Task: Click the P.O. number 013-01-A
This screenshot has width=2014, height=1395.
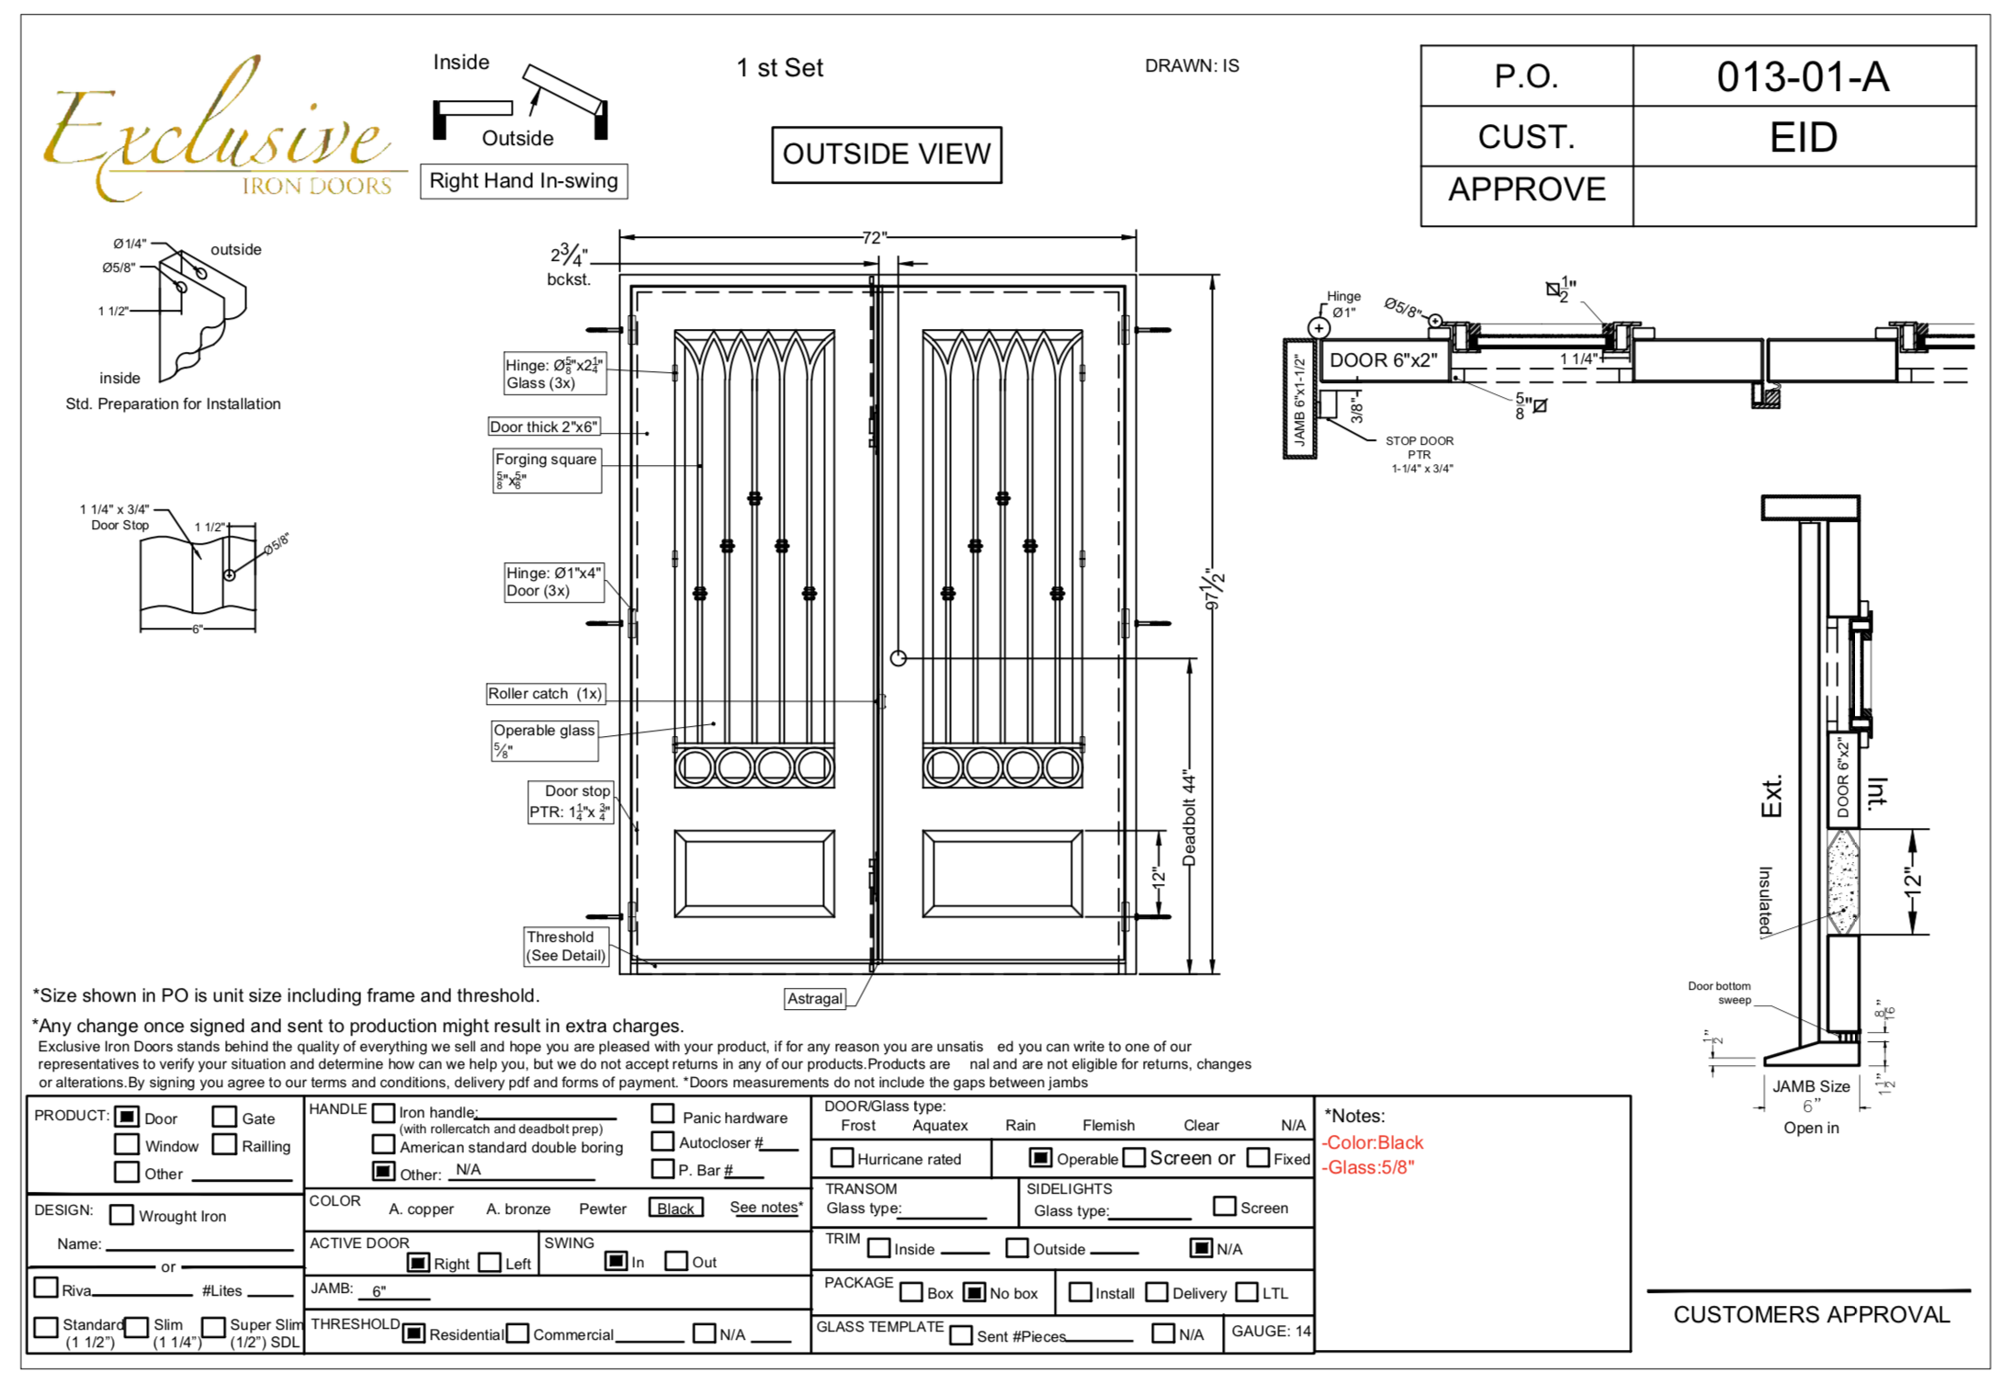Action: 1803,76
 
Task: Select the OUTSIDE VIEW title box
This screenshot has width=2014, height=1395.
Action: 886,154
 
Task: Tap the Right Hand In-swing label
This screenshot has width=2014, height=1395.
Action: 524,181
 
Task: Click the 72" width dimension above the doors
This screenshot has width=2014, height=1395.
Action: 874,238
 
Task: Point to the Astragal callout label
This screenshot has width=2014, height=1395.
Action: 815,999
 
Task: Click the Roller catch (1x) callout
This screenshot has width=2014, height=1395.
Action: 545,694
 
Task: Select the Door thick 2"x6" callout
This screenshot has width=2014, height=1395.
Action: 544,426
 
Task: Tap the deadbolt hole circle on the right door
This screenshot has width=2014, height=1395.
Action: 899,658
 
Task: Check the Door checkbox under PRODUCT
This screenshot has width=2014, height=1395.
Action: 127,1117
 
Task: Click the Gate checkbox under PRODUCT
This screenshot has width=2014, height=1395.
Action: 224,1117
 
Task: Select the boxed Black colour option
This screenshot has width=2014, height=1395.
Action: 675,1208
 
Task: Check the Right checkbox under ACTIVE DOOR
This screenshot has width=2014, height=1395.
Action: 418,1263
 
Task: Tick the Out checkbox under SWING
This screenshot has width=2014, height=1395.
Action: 676,1261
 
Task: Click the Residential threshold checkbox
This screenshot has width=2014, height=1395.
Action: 414,1333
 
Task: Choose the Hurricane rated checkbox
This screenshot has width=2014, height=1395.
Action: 841,1158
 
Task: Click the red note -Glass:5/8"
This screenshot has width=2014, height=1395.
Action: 1368,1167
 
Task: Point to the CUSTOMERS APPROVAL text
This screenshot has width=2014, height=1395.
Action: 1811,1314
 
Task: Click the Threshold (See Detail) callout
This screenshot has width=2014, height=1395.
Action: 566,946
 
